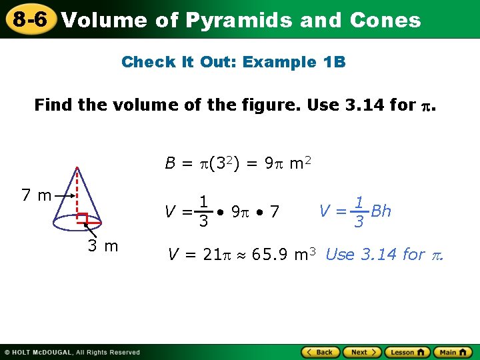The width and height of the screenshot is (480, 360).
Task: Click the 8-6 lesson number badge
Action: point(28,19)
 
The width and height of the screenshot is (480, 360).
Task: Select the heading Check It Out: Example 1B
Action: point(233,63)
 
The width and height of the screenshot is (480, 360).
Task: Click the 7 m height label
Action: point(36,195)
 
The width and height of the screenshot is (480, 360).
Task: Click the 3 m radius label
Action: point(103,246)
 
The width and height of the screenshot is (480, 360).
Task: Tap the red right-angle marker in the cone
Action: point(83,218)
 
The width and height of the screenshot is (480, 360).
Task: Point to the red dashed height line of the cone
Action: point(78,193)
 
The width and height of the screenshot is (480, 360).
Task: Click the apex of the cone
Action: point(78,167)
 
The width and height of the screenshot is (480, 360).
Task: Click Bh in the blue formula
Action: point(381,211)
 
